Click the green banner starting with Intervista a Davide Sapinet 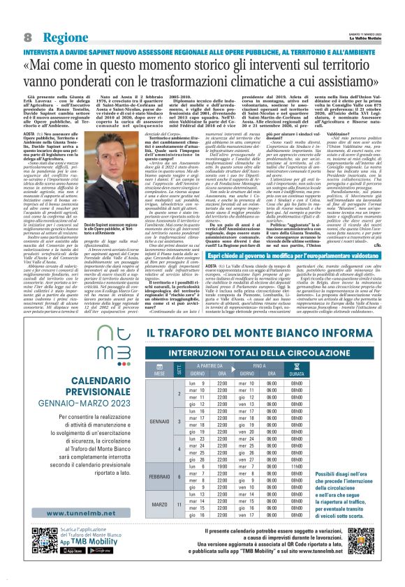pyautogui.click(x=202, y=51)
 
